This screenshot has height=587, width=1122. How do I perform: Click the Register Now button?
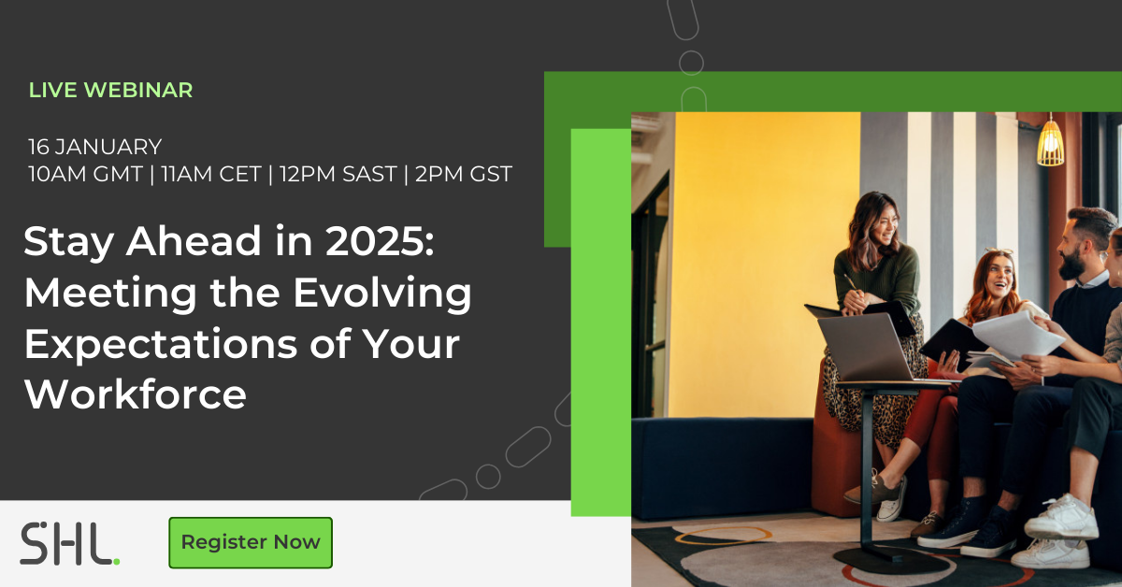coord(251,542)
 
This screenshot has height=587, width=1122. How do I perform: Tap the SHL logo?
coord(69,543)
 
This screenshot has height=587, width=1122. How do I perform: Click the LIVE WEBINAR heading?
coord(110,90)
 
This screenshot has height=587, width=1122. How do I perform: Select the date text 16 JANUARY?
coord(95,147)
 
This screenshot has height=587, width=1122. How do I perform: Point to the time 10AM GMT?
coord(86,174)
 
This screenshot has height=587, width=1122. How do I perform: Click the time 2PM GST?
coord(464,174)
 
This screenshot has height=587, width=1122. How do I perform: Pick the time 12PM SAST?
coord(338,174)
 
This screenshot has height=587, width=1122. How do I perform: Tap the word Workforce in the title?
coord(136,394)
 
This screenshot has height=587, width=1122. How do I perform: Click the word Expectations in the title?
coord(161,345)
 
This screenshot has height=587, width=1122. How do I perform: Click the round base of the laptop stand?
coord(891,559)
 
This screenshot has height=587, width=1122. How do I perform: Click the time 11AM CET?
coord(211,174)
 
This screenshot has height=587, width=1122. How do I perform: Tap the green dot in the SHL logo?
coord(117,562)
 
